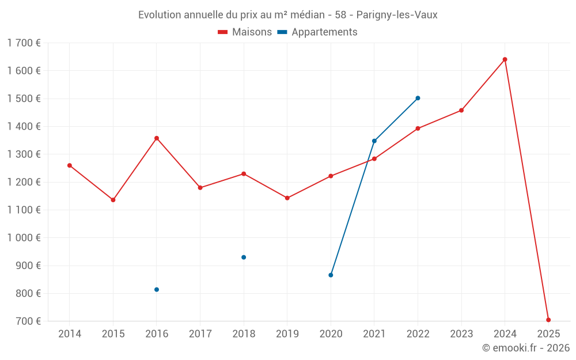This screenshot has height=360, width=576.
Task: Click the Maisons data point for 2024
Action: point(505,59)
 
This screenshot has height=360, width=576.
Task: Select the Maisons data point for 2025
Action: point(548,320)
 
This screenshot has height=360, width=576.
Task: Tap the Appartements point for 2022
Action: point(418,98)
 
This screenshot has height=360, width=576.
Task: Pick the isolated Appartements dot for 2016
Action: point(157,290)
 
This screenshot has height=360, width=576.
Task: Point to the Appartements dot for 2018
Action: point(244,257)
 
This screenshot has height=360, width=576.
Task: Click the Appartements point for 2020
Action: point(331,275)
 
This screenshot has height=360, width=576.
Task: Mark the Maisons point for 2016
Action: point(157,138)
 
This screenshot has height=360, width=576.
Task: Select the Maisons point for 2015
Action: point(113,200)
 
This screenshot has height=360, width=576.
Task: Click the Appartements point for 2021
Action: point(374,141)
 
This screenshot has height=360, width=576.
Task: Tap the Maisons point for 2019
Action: point(287,198)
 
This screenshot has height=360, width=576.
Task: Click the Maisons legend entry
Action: point(245,32)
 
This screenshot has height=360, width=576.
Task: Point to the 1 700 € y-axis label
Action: point(24,43)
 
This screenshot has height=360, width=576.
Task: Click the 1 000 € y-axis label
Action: point(24,238)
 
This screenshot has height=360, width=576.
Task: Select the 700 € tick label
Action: point(28,321)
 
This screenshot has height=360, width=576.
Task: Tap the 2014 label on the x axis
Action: point(70,334)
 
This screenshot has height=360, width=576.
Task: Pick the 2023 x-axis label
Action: point(461,334)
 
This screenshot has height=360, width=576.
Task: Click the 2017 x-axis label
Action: point(200,334)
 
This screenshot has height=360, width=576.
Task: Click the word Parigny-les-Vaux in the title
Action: point(397,15)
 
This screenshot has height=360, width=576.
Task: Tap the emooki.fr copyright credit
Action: point(525,348)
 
